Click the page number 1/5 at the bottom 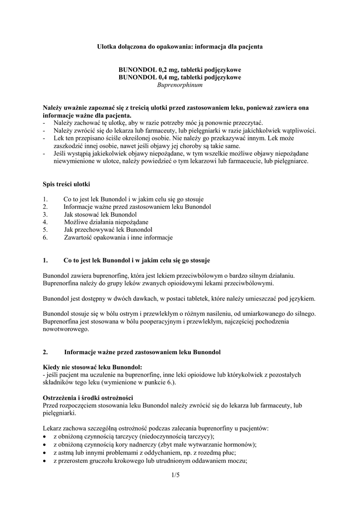pos(174,476)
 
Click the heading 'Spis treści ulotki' pos(67,185)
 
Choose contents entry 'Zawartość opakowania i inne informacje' pos(118,238)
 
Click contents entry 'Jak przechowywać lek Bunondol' pos(108,230)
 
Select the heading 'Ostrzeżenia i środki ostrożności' pos(87,398)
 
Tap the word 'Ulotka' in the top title pos(106,47)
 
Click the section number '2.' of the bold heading pos(46,352)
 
